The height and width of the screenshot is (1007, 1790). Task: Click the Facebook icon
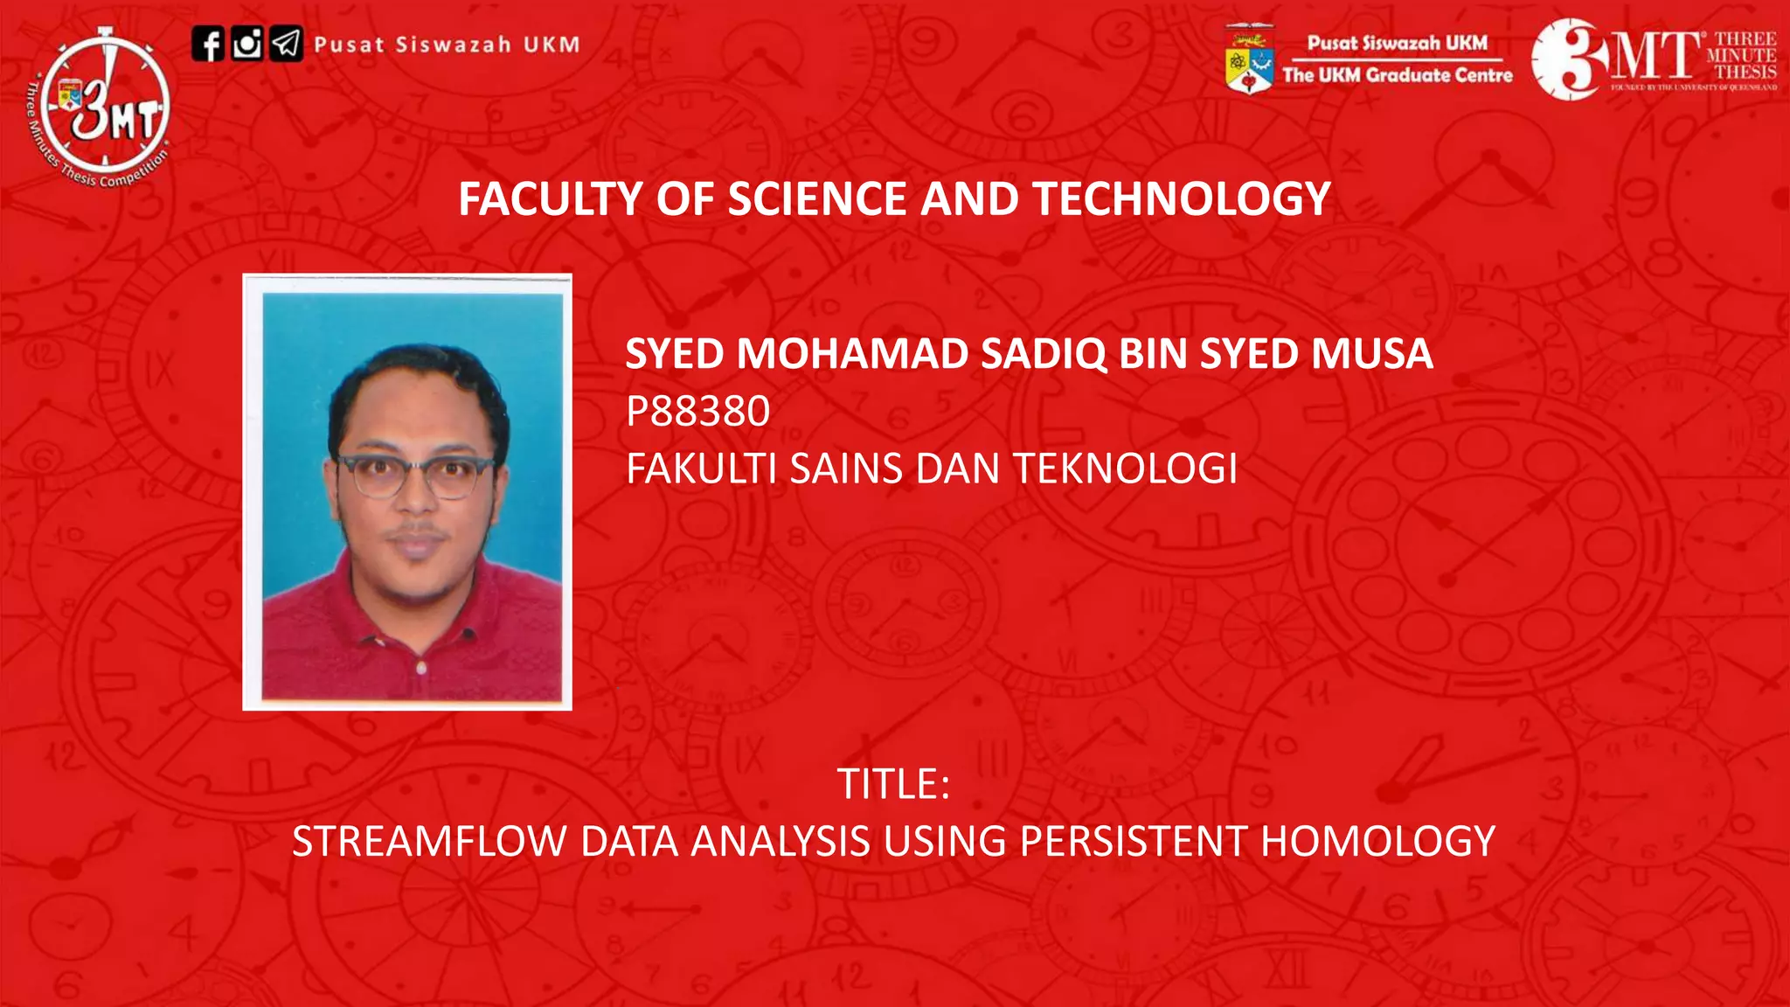click(208, 44)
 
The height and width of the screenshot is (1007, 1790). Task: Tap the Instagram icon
click(247, 44)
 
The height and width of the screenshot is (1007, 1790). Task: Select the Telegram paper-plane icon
click(286, 44)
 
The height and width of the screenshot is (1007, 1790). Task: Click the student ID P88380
click(697, 411)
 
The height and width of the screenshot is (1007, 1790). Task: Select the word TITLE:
click(893, 783)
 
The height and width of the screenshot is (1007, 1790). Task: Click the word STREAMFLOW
click(429, 841)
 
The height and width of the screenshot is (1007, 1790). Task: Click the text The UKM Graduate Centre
click(1397, 75)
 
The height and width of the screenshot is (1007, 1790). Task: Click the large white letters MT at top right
click(1657, 58)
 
